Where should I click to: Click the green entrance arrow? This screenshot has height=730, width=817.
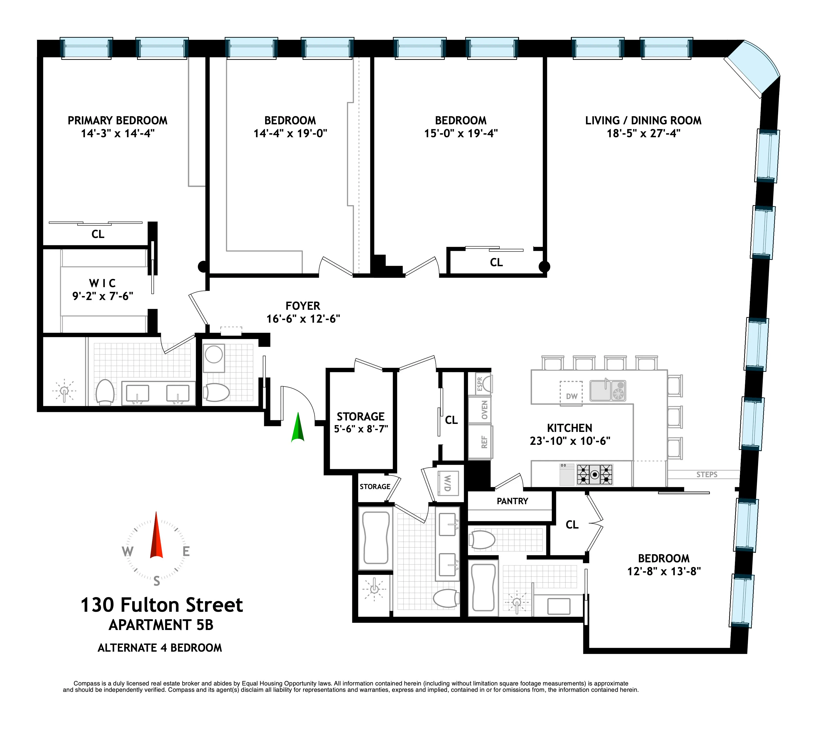tap(297, 428)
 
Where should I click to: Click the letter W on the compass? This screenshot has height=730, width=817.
tap(128, 551)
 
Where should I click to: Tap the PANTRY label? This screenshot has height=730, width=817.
tap(512, 501)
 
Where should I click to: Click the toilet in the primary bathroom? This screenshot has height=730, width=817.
tap(105, 392)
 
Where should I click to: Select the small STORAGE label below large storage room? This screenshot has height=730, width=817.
tap(375, 486)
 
